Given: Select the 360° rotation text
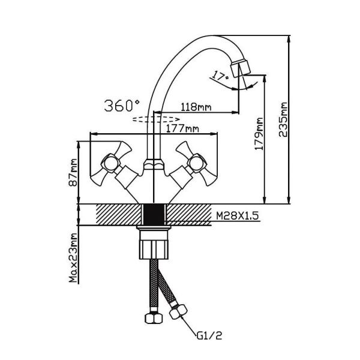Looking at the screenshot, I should (122, 106).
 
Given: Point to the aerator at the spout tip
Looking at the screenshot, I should (244, 66).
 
